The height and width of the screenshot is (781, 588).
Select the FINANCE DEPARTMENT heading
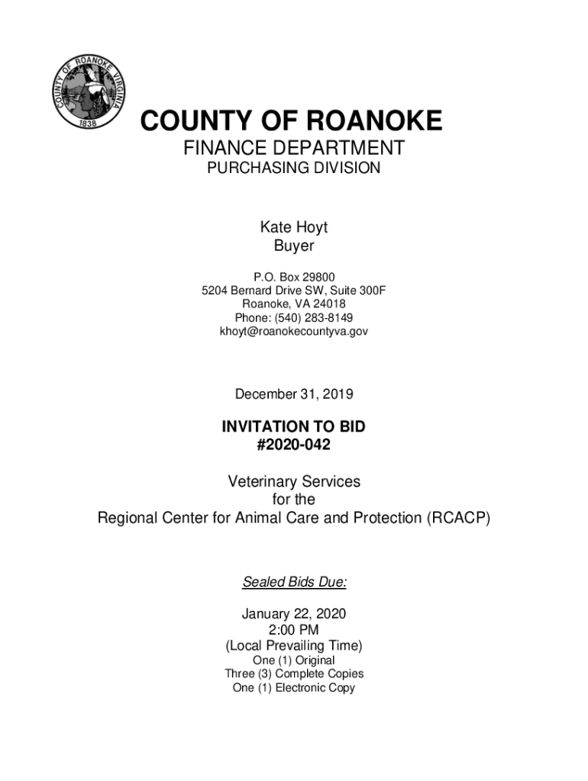(x=293, y=148)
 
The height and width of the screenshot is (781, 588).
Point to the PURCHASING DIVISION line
(x=293, y=169)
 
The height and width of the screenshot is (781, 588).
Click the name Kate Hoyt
(x=293, y=227)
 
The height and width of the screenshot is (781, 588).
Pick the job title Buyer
(x=293, y=246)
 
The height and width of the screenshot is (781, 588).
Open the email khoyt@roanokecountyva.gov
(x=293, y=332)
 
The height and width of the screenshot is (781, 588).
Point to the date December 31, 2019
(x=293, y=394)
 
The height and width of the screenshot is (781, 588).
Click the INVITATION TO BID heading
(x=293, y=427)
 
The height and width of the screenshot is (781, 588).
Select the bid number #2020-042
(x=293, y=445)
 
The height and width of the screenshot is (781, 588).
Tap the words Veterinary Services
(x=293, y=482)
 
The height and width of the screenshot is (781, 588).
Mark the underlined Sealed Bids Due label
(x=293, y=583)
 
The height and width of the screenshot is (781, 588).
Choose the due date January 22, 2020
(x=293, y=613)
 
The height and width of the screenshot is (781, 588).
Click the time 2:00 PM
(x=293, y=630)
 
